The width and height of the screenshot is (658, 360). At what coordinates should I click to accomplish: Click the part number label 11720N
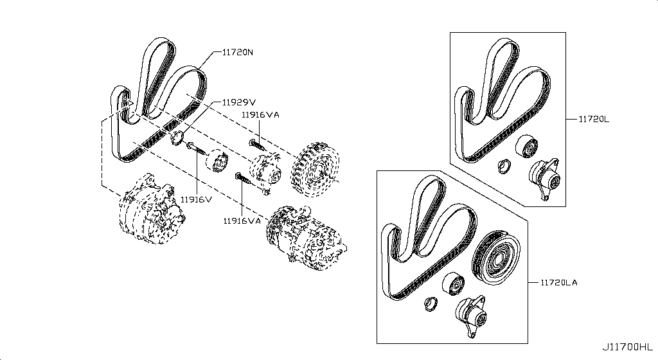point(238,53)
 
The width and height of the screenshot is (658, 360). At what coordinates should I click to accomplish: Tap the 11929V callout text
point(238,102)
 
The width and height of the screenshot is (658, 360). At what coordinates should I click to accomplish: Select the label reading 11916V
point(197,199)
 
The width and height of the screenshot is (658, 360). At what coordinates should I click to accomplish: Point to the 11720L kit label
point(594,119)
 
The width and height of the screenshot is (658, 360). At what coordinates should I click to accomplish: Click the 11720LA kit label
point(558,282)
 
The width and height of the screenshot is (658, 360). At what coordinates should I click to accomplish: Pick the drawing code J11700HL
point(628,347)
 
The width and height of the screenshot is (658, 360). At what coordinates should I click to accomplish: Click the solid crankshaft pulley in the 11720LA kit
point(496,257)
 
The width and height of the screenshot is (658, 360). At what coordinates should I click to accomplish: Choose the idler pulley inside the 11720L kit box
point(526,147)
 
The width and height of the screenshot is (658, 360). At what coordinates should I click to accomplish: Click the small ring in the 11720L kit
point(504,166)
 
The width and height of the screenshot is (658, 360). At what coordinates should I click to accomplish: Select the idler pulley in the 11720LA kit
point(453,284)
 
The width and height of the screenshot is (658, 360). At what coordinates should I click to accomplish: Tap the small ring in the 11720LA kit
point(431,303)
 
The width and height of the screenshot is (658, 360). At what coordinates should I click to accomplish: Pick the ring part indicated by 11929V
point(177,138)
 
